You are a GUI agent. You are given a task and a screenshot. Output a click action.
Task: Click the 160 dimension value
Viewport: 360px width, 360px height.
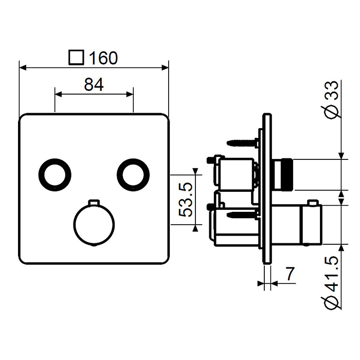point(103,58)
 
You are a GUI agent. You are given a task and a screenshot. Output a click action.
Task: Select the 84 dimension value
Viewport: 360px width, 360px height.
point(94,84)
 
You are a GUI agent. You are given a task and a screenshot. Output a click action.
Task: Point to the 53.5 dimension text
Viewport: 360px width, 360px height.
point(185,200)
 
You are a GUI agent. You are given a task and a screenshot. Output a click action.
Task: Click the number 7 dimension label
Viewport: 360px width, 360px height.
point(291,274)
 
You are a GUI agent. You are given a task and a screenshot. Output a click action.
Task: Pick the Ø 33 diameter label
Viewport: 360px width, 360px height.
point(332,100)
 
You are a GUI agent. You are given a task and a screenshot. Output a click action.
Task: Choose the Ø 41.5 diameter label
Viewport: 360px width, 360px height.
point(332,282)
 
